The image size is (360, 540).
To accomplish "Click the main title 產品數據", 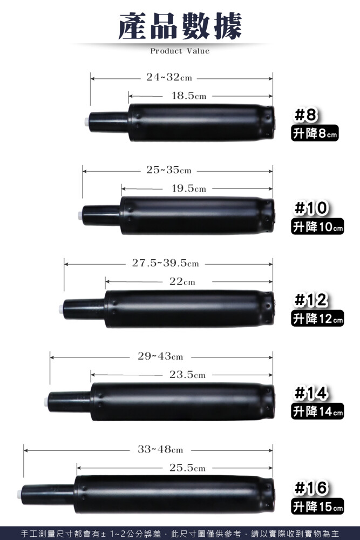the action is pyautogui.click(x=180, y=26).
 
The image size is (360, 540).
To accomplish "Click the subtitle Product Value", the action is pyautogui.click(x=180, y=51).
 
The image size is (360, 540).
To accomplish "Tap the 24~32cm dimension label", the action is pyautogui.click(x=169, y=77).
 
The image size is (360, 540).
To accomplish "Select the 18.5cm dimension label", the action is pyautogui.click(x=189, y=96).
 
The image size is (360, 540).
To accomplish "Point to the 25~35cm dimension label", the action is pyautogui.click(x=169, y=170).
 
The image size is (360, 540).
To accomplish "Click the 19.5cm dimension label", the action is pyautogui.click(x=189, y=188).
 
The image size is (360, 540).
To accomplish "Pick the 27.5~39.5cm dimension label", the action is pyautogui.click(x=166, y=263).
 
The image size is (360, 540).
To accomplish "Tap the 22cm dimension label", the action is pyautogui.click(x=182, y=281).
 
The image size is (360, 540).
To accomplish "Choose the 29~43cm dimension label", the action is pyautogui.click(x=160, y=356).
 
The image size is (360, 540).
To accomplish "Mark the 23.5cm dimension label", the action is pyautogui.click(x=188, y=374).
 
